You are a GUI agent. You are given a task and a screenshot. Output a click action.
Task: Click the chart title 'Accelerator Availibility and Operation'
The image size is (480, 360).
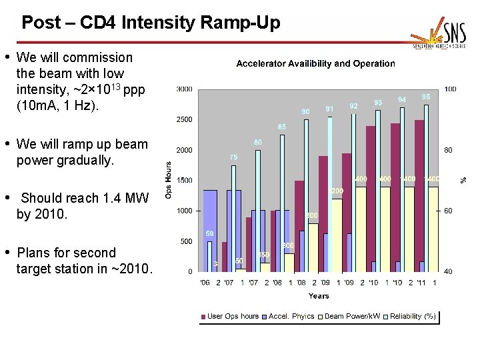pyautogui.click(x=315, y=64)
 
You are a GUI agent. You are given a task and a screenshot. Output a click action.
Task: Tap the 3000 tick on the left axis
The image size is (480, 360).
pyautogui.click(x=185, y=89)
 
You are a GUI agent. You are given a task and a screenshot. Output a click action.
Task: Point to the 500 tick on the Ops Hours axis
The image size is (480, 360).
pyautogui.click(x=187, y=241)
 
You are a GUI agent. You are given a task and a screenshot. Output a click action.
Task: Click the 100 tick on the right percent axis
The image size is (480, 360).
pyautogui.click(x=450, y=89)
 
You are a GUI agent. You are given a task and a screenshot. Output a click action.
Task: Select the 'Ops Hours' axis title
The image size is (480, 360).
pyautogui.click(x=169, y=180)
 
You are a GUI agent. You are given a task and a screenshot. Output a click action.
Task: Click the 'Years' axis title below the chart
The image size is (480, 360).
pyautogui.click(x=318, y=295)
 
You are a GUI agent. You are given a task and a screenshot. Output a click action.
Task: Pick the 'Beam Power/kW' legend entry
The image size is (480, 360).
pyautogui.click(x=353, y=316)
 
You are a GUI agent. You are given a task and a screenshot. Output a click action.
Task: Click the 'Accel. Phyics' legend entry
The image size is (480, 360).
pyautogui.click(x=291, y=316)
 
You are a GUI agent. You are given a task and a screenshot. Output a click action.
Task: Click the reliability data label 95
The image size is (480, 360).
pyautogui.click(x=425, y=97)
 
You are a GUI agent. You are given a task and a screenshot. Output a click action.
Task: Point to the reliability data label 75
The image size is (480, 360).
pyautogui.click(x=233, y=157)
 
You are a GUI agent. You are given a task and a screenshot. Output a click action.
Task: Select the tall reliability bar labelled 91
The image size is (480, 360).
pyautogui.click(x=329, y=193)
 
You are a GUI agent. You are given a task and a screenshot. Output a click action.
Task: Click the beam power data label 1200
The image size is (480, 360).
pyautogui.click(x=337, y=191)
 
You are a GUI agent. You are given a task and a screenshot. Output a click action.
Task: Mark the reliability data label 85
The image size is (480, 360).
pyautogui.click(x=282, y=127)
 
